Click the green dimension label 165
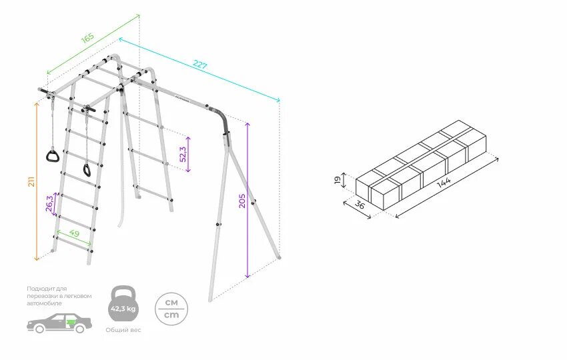tap(88, 37)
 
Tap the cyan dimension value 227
tap(199, 65)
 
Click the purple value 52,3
tap(182, 153)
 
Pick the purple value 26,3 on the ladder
tap(49, 203)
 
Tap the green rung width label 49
tap(74, 234)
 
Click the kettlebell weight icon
tap(123, 305)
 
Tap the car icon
tap(59, 323)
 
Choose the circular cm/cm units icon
tap(171, 308)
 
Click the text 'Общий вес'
tap(123, 330)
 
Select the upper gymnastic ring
tap(52, 156)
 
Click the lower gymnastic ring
tap(87, 169)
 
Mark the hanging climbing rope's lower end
tap(122, 221)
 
